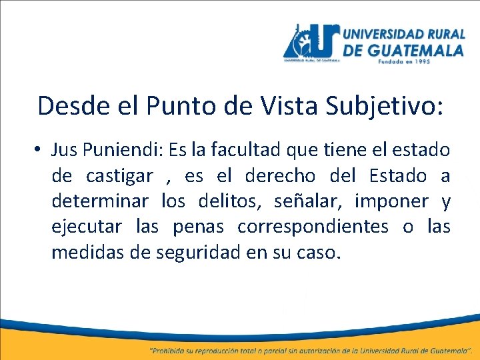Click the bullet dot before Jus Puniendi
[x=41, y=151]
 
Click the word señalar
[x=311, y=201]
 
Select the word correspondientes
[x=313, y=227]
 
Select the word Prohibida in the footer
[x=175, y=349]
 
